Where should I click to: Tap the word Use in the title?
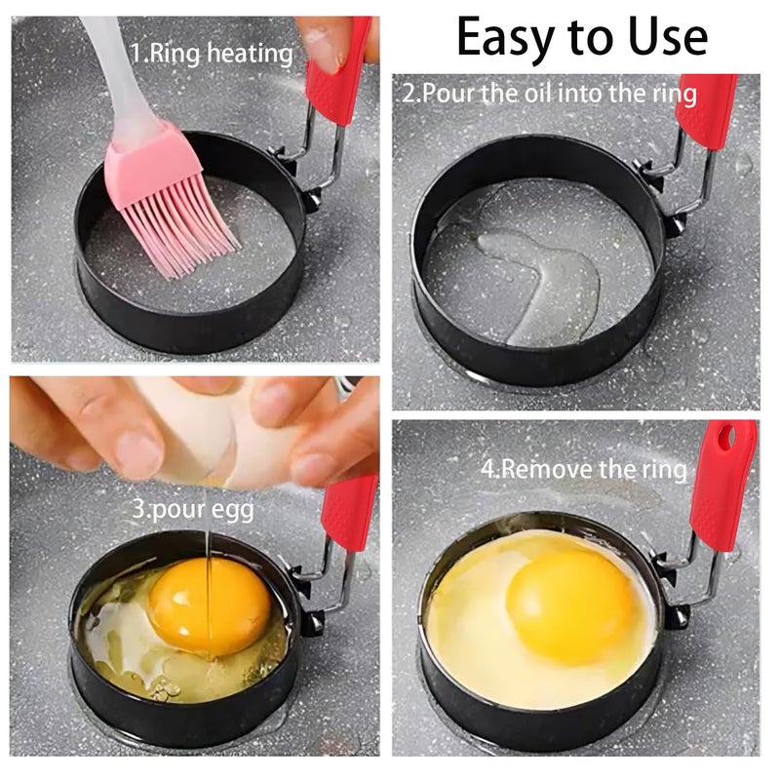click(x=668, y=36)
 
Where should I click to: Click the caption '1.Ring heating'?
click(x=212, y=54)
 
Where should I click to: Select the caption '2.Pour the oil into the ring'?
click(x=550, y=94)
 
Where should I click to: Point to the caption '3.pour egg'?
click(x=193, y=509)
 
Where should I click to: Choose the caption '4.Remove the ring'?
click(x=583, y=469)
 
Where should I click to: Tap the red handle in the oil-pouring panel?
click(x=706, y=112)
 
